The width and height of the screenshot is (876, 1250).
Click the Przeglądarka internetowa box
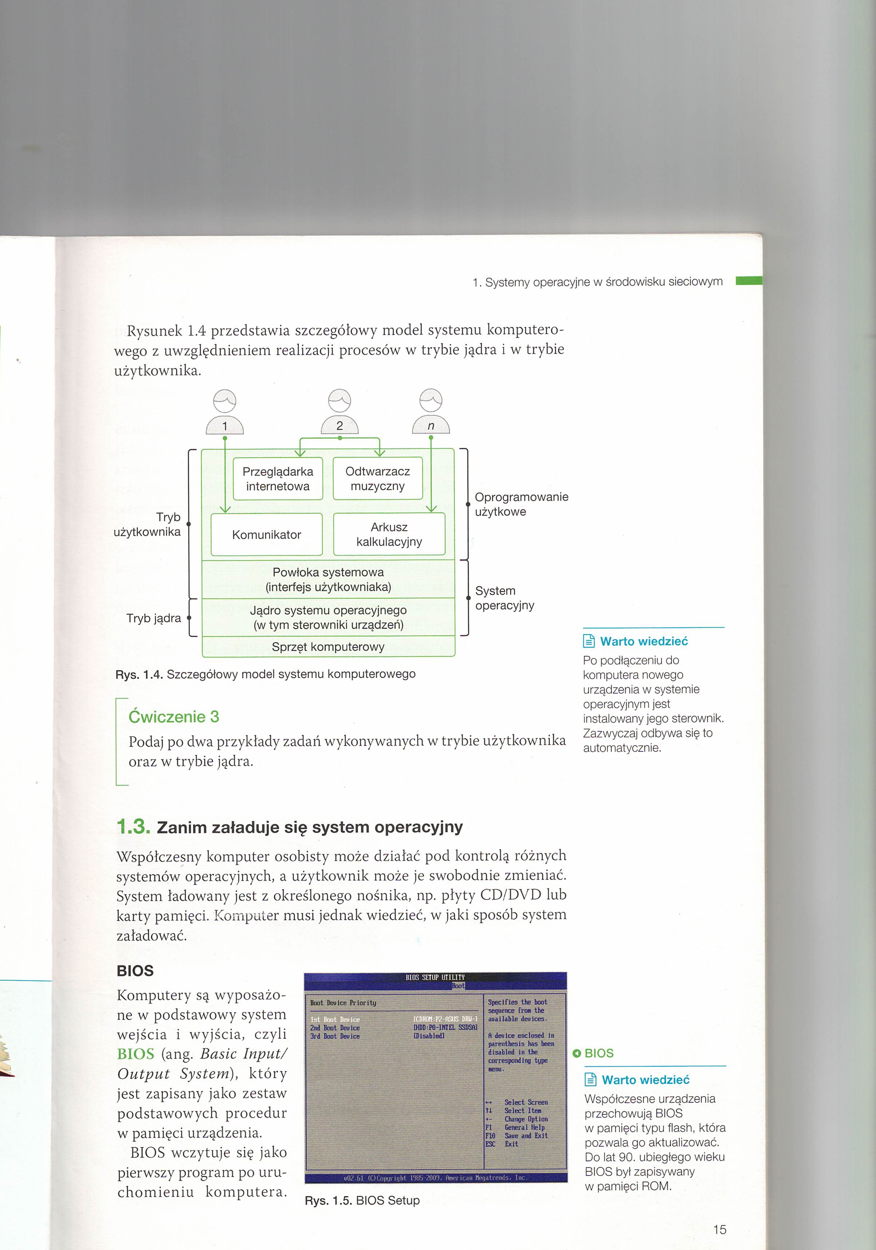click(x=278, y=479)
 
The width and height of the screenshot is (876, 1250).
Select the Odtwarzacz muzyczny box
click(x=377, y=479)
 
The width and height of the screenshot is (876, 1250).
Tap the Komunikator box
click(x=266, y=535)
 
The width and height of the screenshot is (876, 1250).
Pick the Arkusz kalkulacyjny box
click(x=389, y=534)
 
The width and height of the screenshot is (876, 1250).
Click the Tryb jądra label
click(x=153, y=618)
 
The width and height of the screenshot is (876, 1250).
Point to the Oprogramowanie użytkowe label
click(x=521, y=504)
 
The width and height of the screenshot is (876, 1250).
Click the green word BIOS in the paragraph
click(x=136, y=1054)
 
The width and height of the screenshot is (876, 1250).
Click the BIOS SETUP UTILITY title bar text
click(x=435, y=977)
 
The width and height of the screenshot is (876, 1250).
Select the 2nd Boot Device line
click(x=335, y=1028)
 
